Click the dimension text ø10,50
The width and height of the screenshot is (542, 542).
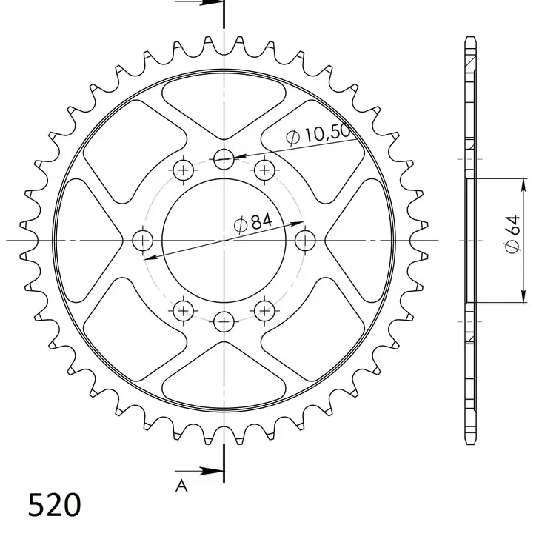pyautogui.click(x=317, y=135)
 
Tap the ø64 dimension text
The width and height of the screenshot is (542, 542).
pyautogui.click(x=512, y=240)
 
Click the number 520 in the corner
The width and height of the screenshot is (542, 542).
pyautogui.click(x=54, y=506)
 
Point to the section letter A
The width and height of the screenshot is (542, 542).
pyautogui.click(x=180, y=486)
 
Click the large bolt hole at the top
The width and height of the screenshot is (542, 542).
pyautogui.click(x=224, y=157)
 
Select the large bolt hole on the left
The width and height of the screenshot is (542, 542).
pyautogui.click(x=142, y=240)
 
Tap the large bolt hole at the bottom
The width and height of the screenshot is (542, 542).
pyautogui.click(x=224, y=322)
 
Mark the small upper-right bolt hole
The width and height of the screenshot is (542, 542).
pyautogui.click(x=264, y=171)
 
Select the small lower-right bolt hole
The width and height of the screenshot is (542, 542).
pyautogui.click(x=264, y=310)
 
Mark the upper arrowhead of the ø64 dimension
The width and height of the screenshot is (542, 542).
pyautogui.click(x=524, y=185)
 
